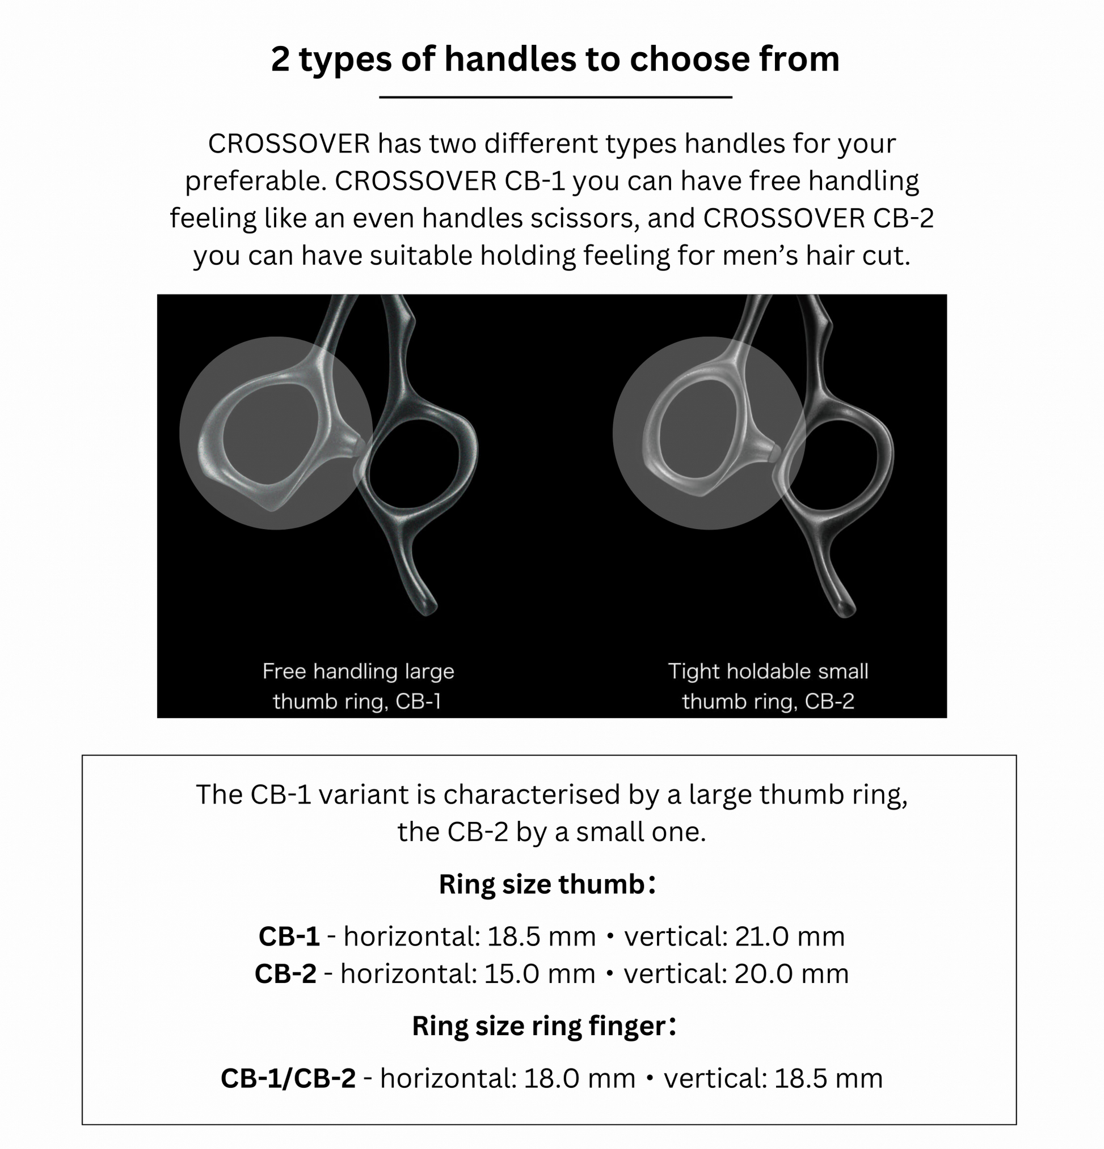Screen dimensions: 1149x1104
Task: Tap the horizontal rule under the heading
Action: coord(555,97)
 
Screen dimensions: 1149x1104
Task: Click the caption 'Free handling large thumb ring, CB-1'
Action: coord(358,686)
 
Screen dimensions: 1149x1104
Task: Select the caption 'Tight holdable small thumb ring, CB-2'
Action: coord(768,686)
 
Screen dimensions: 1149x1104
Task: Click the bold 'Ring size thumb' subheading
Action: coord(542,884)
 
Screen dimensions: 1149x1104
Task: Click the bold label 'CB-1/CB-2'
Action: coord(288,1078)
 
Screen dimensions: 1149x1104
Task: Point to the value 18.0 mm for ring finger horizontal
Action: coord(580,1078)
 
